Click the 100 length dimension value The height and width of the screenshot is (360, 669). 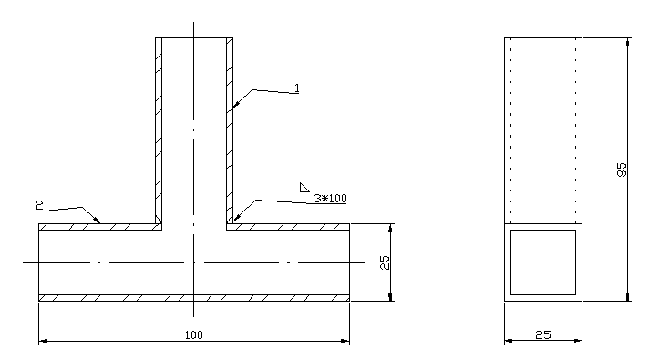coord(194,334)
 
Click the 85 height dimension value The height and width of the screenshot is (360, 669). coord(623,170)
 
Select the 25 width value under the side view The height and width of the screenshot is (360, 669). coord(542,334)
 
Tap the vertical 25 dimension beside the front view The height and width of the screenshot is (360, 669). coord(385,262)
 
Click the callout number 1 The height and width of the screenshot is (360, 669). coord(297,87)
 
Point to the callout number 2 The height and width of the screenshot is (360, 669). coord(40,205)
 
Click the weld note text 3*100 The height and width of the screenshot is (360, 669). coord(330,199)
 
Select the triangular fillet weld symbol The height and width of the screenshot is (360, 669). coord(304,187)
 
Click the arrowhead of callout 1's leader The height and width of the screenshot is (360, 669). coord(236,103)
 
